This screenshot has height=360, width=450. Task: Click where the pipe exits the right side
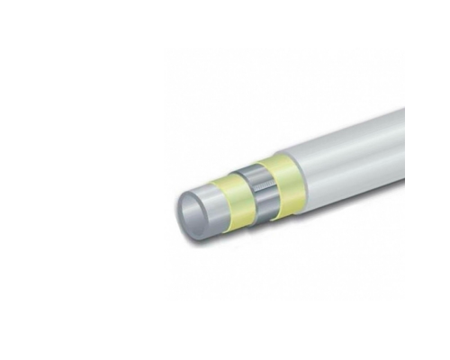coord(401,135)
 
